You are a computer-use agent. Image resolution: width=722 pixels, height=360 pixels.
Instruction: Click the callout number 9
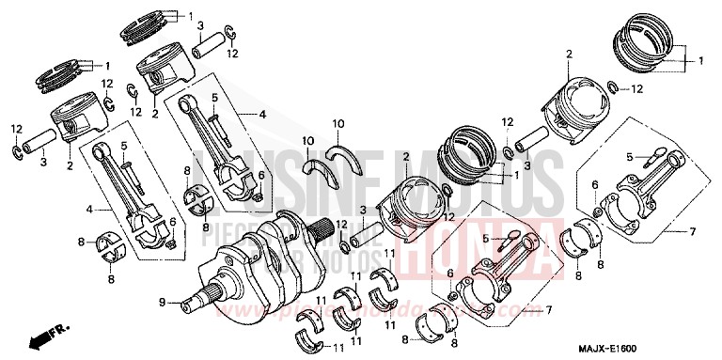click(163, 302)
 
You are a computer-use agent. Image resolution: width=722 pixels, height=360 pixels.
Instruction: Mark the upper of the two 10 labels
click(337, 123)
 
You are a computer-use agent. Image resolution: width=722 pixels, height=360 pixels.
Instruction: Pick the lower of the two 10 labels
click(306, 140)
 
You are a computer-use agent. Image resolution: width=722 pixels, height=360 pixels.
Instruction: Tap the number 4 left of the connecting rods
click(90, 209)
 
